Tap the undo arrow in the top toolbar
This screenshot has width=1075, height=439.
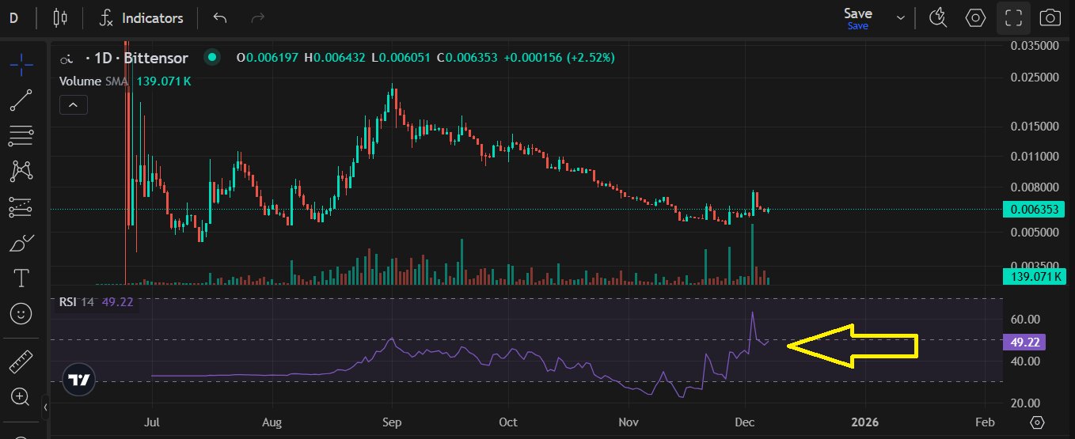pyautogui.click(x=220, y=17)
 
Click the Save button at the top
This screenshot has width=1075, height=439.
pyautogui.click(x=858, y=13)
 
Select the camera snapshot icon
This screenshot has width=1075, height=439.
pyautogui.click(x=1050, y=17)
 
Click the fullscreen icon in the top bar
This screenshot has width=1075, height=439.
pyautogui.click(x=1014, y=17)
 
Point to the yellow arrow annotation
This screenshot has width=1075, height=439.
pyautogui.click(x=853, y=346)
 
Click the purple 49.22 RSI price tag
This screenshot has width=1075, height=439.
pyautogui.click(x=1024, y=342)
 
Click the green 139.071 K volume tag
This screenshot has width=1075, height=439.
pyautogui.click(x=1033, y=276)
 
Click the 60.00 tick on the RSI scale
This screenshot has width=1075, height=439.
pyautogui.click(x=1025, y=319)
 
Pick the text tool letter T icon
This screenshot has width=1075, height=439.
pyautogui.click(x=21, y=278)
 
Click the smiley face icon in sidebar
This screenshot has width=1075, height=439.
pyautogui.click(x=21, y=313)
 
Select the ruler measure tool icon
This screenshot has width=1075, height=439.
pyautogui.click(x=21, y=362)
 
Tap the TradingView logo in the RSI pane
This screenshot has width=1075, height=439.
pyautogui.click(x=78, y=380)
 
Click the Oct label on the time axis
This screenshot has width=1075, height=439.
pyautogui.click(x=508, y=422)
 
